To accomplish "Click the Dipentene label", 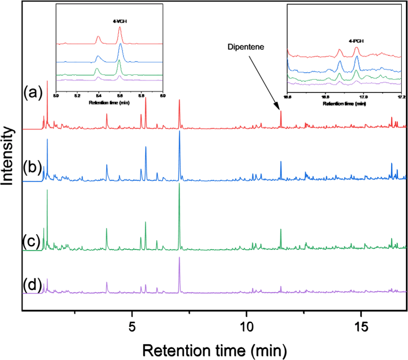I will pyautogui.click(x=247, y=47).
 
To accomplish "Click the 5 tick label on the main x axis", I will pyautogui.click(x=132, y=321).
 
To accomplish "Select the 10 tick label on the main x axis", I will pyautogui.click(x=246, y=321).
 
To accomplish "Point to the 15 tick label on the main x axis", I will pyautogui.click(x=361, y=321).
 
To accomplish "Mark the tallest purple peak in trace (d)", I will pyautogui.click(x=179, y=258).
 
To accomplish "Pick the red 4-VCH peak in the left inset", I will pyautogui.click(x=120, y=28).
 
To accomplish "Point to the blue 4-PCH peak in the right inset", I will pyautogui.click(x=356, y=57).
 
